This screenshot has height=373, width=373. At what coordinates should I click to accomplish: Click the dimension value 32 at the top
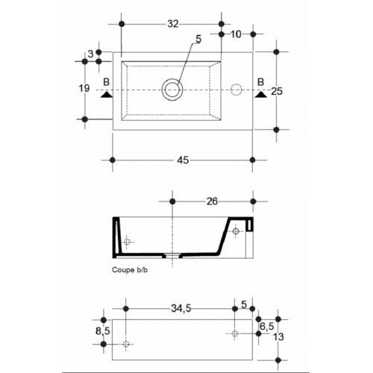(173, 24)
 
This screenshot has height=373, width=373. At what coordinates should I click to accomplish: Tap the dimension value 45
(183, 160)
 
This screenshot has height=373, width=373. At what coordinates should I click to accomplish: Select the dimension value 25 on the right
(277, 91)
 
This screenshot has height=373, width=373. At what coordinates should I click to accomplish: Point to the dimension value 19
(84, 88)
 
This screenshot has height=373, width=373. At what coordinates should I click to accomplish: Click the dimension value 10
(236, 34)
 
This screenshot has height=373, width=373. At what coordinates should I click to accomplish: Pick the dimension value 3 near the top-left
(91, 54)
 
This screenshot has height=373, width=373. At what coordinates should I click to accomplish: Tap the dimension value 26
(212, 201)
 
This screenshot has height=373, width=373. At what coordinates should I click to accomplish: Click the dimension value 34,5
(181, 308)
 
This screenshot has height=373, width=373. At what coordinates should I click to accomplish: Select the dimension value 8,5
(103, 331)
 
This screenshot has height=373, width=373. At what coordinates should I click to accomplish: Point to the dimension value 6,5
(267, 327)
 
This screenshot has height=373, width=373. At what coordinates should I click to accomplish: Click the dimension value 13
(278, 337)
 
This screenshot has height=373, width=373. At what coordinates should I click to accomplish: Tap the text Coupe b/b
(130, 270)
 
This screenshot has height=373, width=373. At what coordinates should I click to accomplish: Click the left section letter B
(107, 82)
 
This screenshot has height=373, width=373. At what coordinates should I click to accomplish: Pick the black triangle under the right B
(261, 95)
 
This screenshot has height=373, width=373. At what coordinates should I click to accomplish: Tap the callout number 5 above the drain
(198, 40)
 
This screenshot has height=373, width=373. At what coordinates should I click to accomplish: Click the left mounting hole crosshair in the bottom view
(126, 344)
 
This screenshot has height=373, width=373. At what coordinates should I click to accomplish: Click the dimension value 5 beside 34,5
(244, 304)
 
